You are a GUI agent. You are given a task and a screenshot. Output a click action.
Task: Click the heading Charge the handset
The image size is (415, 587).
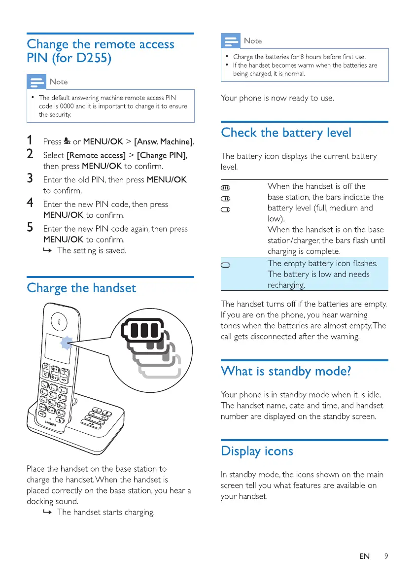(x=81, y=287)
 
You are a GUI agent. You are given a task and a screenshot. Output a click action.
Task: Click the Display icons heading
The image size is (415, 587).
(x=257, y=451)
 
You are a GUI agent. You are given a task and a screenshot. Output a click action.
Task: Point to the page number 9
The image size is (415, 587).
(x=386, y=556)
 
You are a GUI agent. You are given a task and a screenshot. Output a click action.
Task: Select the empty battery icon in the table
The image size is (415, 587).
(x=226, y=265)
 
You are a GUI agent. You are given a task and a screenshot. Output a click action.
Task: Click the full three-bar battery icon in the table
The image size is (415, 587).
(x=226, y=188)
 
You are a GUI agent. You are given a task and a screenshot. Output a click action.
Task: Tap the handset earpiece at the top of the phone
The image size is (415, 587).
(x=60, y=321)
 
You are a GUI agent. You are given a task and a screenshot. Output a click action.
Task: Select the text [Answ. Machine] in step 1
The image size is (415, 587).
(x=164, y=142)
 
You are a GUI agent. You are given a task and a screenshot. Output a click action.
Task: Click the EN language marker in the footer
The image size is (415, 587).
(x=364, y=556)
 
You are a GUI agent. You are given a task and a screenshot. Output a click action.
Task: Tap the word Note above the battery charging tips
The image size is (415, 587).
(x=253, y=41)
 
